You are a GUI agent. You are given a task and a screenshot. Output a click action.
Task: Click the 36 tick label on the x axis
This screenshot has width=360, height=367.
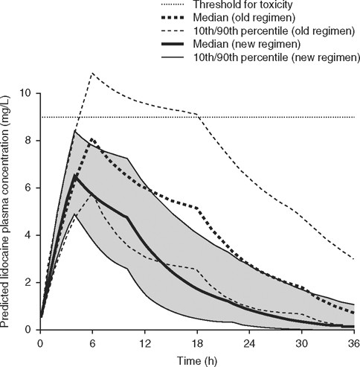coord(353,343)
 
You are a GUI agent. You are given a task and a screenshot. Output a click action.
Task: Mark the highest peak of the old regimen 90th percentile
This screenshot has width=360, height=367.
coord(91,73)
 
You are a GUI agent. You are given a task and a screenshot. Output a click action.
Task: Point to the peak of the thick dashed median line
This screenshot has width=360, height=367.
coord(91,138)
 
